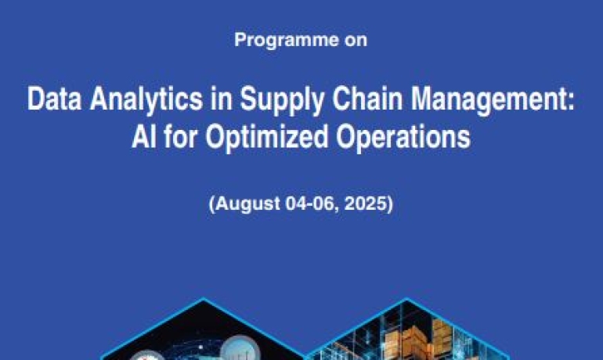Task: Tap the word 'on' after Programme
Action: (356, 41)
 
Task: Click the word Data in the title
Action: (54, 99)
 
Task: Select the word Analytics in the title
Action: (146, 101)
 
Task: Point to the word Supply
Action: (282, 101)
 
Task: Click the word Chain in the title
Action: (367, 99)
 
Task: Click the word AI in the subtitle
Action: (144, 137)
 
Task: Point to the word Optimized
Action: (267, 139)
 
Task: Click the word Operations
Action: (403, 139)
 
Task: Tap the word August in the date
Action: (247, 204)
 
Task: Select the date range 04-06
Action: (311, 203)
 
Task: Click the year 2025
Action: (366, 203)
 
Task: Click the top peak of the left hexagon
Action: (204, 298)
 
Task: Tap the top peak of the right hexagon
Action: (406, 298)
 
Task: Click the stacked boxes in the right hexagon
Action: (415, 343)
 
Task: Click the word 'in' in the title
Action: (222, 99)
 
